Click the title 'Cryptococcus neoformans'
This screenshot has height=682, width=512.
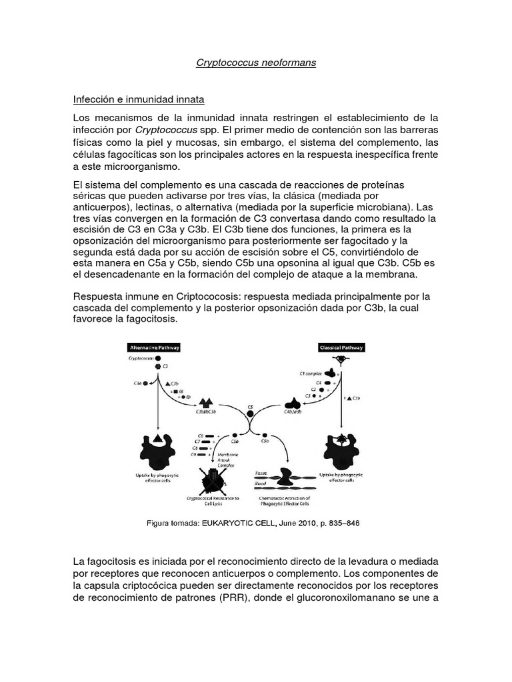click(x=255, y=63)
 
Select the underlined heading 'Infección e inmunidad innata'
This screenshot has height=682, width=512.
click(x=138, y=99)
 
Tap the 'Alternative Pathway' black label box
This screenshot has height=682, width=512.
click(x=154, y=348)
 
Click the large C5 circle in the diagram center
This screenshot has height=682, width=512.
click(x=250, y=414)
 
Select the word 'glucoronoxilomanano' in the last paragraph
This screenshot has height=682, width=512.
click(x=363, y=598)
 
